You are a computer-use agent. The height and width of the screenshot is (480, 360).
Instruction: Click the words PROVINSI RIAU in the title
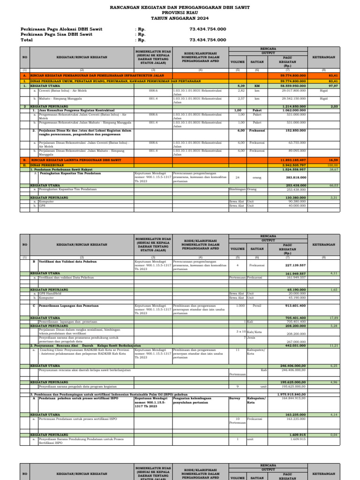[x=180, y=13]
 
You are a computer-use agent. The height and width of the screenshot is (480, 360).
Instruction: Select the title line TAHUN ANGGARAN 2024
[x=180, y=18]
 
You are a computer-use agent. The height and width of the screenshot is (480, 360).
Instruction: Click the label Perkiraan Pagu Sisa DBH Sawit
[x=56, y=34]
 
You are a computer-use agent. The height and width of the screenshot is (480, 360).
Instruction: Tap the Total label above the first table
[x=27, y=40]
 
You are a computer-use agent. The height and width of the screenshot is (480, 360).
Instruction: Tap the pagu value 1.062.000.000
[x=294, y=110]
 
